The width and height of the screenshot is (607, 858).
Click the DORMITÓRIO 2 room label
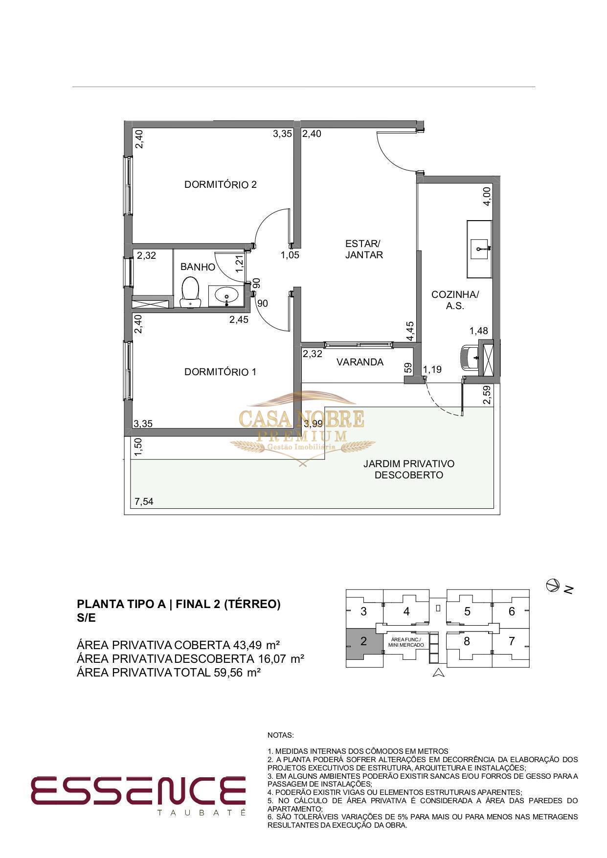pos(221,184)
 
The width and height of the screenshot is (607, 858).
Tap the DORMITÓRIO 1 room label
pos(220,372)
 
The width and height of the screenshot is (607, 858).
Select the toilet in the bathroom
pos(190,292)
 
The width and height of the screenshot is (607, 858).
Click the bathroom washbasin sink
pos(226,296)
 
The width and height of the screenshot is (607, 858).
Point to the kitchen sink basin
pos(479,249)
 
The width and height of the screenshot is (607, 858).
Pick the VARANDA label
pos(360,362)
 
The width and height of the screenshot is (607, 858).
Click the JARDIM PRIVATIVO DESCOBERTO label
pos(409,469)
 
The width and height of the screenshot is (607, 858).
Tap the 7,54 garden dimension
pos(144,501)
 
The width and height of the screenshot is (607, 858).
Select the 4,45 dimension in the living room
pos(410,331)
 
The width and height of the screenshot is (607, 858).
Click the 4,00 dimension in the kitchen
pos(487,197)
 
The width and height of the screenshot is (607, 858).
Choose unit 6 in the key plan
pos(512,611)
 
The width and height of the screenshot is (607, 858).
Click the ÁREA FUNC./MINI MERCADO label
pos(406,642)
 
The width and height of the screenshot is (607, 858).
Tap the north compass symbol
pos(553,585)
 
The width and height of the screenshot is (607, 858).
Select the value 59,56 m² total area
pos(237,672)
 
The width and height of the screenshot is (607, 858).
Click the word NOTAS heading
pos(280,735)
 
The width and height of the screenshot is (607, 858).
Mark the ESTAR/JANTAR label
pos(363,249)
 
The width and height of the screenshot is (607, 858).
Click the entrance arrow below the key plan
pos(439,673)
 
